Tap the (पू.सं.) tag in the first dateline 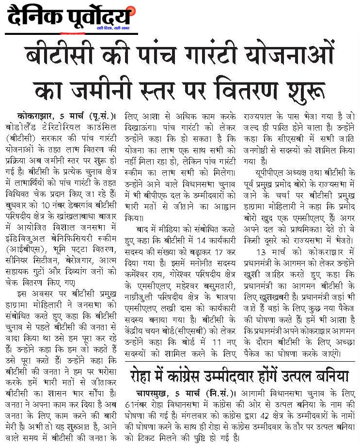[x=100, y=116]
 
